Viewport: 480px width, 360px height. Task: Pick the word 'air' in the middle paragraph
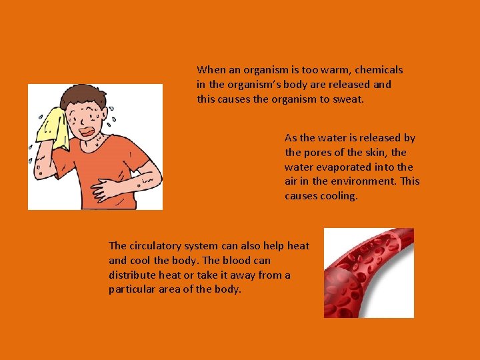[292, 181]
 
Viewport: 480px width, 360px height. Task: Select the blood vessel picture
[369, 273]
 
